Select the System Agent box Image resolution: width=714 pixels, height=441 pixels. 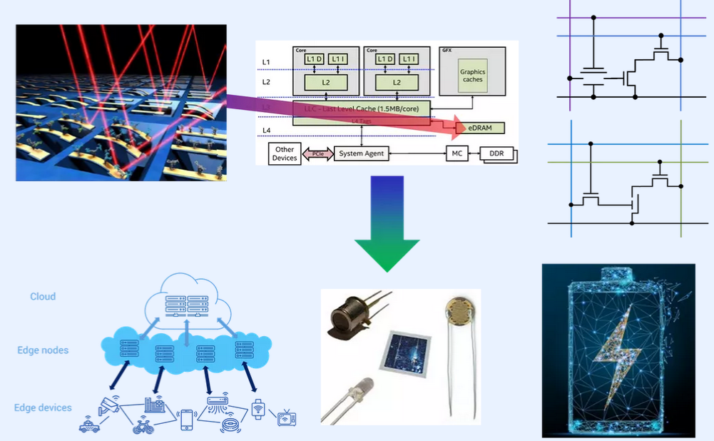pyautogui.click(x=362, y=153)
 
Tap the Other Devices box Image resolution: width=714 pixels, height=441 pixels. pyautogui.click(x=284, y=153)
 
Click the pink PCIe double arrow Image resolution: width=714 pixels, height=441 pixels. pyautogui.click(x=317, y=153)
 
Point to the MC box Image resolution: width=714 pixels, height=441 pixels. pyautogui.click(x=457, y=153)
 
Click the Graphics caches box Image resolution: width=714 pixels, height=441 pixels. pyautogui.click(x=472, y=76)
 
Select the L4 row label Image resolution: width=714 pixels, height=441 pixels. pyautogui.click(x=266, y=130)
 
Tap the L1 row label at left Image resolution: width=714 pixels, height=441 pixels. pyautogui.click(x=266, y=62)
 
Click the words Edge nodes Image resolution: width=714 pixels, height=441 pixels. pyautogui.click(x=44, y=350)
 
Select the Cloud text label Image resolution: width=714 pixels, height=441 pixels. pyautogui.click(x=43, y=296)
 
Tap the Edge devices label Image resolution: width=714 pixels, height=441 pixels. pyautogui.click(x=43, y=407)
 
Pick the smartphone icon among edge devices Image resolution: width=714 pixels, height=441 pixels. pyautogui.click(x=187, y=420)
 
